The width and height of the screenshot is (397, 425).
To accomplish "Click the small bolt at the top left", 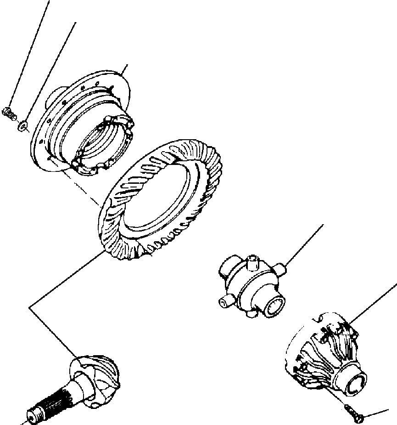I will (x=10, y=111).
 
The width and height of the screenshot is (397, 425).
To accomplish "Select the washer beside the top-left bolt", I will (x=22, y=125).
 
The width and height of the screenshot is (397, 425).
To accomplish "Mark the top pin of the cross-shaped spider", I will (x=252, y=263).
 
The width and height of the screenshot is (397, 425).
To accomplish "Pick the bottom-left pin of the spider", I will (x=224, y=302).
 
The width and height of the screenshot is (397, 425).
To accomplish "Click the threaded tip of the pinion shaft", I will (x=33, y=414).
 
